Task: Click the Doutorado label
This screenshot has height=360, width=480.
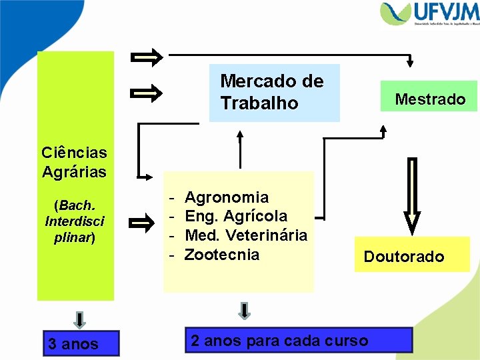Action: [403, 257]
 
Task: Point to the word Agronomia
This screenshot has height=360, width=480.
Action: [227, 197]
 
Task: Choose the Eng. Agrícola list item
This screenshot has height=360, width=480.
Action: [236, 216]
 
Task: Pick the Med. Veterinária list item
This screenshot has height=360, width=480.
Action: [245, 235]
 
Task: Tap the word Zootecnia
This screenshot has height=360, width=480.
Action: [222, 254]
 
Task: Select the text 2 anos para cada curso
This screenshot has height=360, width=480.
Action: [279, 341]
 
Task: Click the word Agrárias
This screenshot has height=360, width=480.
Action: [74, 172]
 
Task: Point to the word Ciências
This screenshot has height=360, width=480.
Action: [74, 153]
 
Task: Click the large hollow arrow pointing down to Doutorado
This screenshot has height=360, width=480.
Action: [412, 197]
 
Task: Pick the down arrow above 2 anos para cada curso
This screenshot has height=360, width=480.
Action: [245, 310]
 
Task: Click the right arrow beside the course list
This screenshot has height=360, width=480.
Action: [141, 224]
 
